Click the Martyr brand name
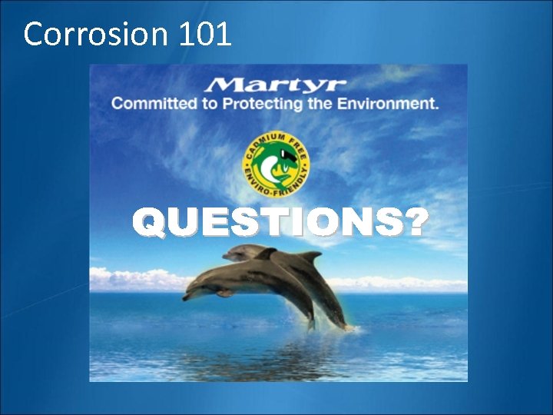tap(276, 84)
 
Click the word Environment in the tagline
tap(387, 103)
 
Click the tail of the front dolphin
tap(311, 323)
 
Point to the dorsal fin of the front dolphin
tap(267, 253)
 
